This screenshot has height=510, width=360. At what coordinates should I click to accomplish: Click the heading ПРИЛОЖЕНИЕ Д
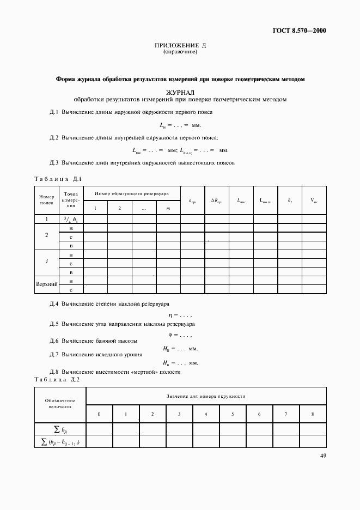180,46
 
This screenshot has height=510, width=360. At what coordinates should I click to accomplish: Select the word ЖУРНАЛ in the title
180,93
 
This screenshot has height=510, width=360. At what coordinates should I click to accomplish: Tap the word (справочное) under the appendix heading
180,52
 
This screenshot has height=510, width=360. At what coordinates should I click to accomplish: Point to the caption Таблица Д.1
58,179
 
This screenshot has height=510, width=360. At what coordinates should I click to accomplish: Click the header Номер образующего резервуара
131,193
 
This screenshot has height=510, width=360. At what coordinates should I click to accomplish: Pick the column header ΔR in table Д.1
217,201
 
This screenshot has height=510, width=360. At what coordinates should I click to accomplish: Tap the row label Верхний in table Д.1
46,285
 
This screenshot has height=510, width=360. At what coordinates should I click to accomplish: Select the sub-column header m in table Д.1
168,209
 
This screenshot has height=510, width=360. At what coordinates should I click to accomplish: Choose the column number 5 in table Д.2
233,415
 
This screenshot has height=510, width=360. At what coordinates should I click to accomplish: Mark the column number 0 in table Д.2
99,415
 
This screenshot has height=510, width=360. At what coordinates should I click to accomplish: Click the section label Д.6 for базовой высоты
53,341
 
